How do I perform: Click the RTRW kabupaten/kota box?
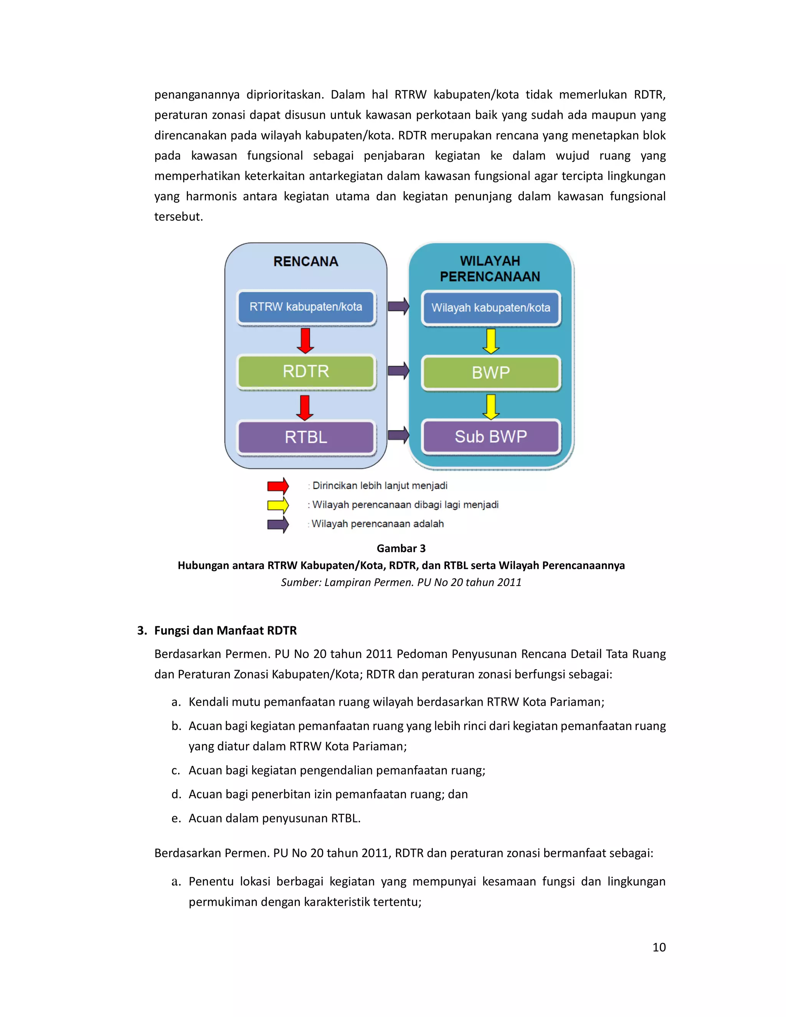pos(306,307)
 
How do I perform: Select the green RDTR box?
pos(306,371)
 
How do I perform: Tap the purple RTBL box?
pos(306,437)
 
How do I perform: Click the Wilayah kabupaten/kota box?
pos(491,308)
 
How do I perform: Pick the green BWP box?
pos(491,373)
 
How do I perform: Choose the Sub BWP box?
pos(491,437)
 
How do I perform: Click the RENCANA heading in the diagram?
pos(306,262)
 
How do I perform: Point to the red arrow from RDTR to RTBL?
pos(305,408)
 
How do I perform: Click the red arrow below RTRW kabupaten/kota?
pos(305,341)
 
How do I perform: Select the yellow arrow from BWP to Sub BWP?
pos(491,406)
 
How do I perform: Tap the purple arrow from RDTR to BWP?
pos(399,371)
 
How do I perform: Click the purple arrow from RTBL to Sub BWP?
pos(399,436)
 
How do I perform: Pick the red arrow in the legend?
pos(278,486)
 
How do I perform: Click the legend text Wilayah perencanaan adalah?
pos(378,524)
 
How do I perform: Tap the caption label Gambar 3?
pos(401,548)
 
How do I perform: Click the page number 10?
pos(659,947)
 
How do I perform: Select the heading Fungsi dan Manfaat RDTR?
pos(225,631)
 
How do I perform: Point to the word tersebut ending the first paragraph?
pos(178,217)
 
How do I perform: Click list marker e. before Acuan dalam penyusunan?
pos(175,818)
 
